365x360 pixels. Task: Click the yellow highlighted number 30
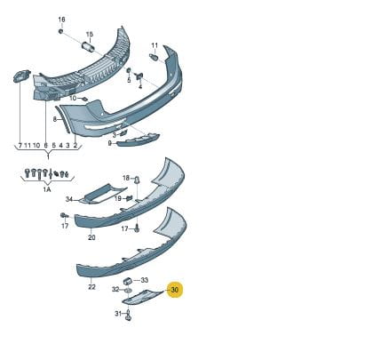coord(175,289)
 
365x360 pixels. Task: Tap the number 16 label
coord(61,20)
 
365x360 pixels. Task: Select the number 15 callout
coord(90,35)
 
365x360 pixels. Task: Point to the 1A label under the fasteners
coord(47,189)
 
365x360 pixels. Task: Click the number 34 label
coord(69,199)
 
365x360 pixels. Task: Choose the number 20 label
coord(91,237)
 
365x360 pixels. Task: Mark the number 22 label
coord(91,287)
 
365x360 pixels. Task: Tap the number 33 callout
coord(145,280)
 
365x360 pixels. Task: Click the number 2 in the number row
coord(75,145)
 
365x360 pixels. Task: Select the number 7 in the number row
coord(20,145)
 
